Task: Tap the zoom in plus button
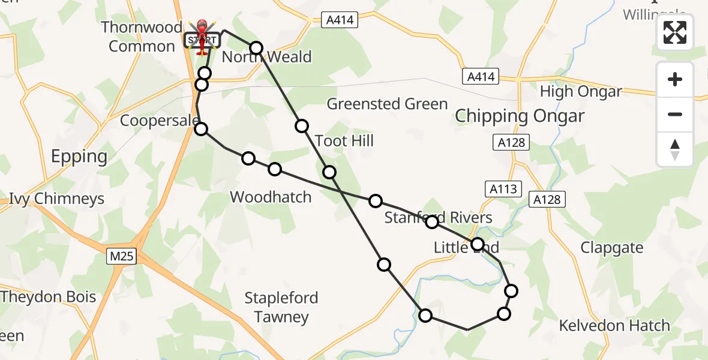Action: click(x=675, y=79)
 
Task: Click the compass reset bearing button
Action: click(x=675, y=149)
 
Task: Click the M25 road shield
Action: click(x=122, y=257)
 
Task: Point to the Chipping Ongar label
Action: click(x=520, y=116)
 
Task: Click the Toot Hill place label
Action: click(x=344, y=141)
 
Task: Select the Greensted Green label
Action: click(x=387, y=104)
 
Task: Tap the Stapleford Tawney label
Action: click(x=281, y=307)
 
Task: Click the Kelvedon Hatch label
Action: click(x=614, y=326)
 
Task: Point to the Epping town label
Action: click(x=79, y=157)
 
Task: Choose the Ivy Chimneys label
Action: click(x=57, y=199)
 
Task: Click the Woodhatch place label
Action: click(x=271, y=197)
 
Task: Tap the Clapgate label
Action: click(x=612, y=248)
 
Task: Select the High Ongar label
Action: click(x=581, y=92)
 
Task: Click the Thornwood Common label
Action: click(x=142, y=37)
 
